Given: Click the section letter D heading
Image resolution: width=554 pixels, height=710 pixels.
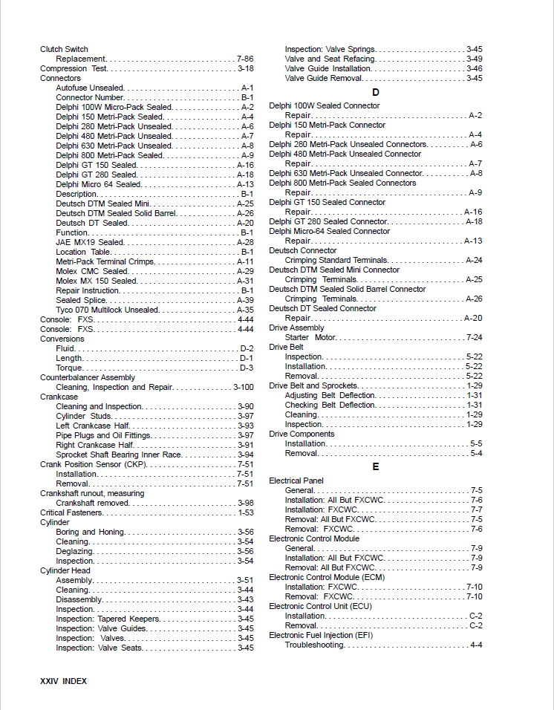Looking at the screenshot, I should pos(376,92).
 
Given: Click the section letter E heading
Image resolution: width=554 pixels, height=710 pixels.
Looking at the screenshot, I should pos(376,466).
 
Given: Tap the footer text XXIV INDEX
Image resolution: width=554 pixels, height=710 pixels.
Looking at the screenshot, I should pos(63,680).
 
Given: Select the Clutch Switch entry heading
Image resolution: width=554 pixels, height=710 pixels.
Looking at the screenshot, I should pos(64,49).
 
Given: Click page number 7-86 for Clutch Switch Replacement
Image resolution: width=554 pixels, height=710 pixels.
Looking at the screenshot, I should pos(245,59).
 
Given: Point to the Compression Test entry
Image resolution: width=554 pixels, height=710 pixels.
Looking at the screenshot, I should pos(74,68).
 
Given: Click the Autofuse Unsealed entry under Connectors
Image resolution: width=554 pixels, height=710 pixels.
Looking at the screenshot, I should pos(90,88).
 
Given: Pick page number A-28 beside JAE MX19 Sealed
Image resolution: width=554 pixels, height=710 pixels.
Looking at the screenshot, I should pos(245,242).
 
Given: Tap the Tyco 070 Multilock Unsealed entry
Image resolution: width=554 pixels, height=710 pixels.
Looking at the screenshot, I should pos(107,310).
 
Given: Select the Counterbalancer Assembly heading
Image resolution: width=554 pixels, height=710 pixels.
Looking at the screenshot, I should pos(88,377).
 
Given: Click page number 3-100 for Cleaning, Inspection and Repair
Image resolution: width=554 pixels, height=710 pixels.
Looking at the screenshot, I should pos(244,387).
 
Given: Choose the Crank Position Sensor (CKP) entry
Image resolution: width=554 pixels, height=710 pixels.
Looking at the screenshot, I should pos(94,464).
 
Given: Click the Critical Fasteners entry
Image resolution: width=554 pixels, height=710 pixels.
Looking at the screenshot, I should pos(71,512).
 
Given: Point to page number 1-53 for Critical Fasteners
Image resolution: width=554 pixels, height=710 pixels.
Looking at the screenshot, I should pos(245,512).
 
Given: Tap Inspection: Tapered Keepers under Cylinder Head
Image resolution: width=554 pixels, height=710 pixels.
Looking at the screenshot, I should pos(108,619).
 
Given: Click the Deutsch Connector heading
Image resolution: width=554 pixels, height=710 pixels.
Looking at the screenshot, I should pos(303,251).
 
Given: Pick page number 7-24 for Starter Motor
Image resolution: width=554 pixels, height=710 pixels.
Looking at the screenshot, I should pos(474,337).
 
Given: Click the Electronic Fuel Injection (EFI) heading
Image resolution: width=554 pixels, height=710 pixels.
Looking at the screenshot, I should pos(321,635).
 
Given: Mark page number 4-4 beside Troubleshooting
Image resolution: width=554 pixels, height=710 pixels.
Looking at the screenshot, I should pos(476,645).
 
